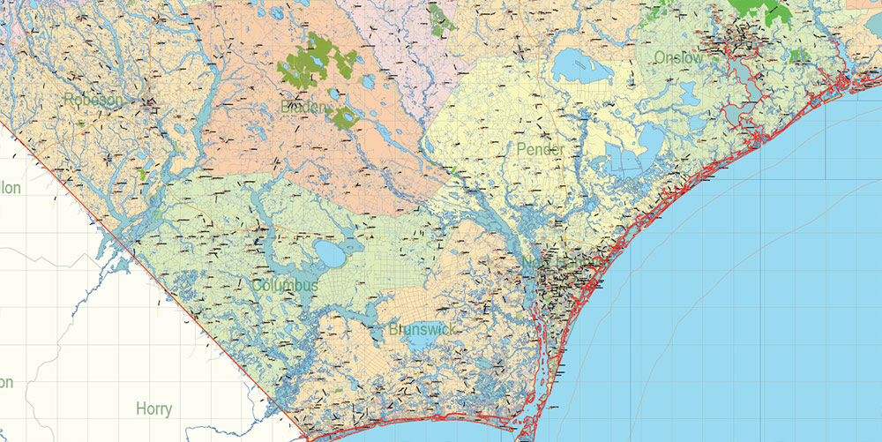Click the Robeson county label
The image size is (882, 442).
tap(93, 100)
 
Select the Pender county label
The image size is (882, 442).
tap(541, 149)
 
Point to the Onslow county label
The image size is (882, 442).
tap(678, 58)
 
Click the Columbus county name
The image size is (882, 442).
tap(284, 286)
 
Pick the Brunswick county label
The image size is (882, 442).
tap(422, 329)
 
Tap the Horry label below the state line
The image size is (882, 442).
tap(154, 409)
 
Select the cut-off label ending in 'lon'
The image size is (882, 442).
tap(10, 187)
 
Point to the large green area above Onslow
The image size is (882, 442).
tap(759, 11)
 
